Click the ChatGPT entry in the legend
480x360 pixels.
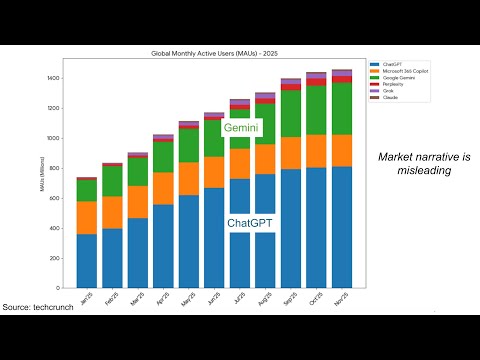pyautogui.click(x=386, y=63)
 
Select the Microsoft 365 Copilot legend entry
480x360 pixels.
pyautogui.click(x=395, y=70)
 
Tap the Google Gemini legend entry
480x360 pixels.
pyautogui.click(x=391, y=77)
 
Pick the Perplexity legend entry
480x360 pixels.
pyautogui.click(x=387, y=84)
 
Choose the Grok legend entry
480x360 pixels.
pyautogui.click(x=383, y=91)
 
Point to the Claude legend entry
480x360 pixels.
pyautogui.click(x=384, y=98)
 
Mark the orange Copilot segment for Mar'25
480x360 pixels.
pyautogui.click(x=138, y=202)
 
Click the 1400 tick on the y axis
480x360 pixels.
pyautogui.click(x=53, y=78)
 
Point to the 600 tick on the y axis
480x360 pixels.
pyautogui.click(x=54, y=198)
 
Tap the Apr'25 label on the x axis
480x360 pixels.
pyautogui.click(x=162, y=297)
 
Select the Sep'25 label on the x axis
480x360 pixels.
pyautogui.click(x=290, y=297)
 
